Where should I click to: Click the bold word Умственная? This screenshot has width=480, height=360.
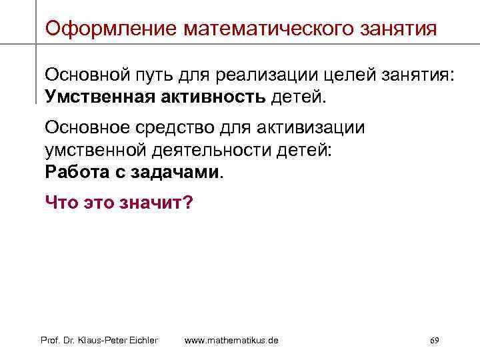(99, 98)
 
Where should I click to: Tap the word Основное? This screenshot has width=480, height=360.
(85, 127)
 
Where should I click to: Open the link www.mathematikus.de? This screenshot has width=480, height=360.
(231, 341)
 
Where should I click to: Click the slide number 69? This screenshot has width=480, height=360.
(434, 341)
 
